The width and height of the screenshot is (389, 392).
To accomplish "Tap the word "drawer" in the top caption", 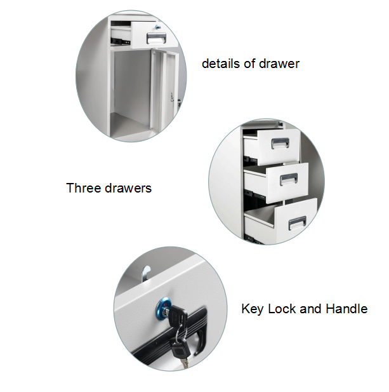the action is point(279,64).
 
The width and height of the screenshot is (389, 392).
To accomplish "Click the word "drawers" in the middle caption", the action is point(128,188).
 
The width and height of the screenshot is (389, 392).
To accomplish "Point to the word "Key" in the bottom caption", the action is point(252,309).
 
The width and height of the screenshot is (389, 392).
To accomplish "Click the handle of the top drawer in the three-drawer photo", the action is point(280,143).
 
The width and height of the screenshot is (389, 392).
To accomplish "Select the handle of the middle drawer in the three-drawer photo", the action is point(289,180).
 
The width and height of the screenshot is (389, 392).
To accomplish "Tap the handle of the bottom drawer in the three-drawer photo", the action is point(298,223).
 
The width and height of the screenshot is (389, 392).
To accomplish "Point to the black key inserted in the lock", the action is point(177,316).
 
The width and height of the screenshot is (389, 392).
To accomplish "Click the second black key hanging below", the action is point(180,349).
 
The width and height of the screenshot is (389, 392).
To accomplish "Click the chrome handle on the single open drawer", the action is point(156,38).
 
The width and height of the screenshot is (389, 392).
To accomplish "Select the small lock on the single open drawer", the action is point(158,27).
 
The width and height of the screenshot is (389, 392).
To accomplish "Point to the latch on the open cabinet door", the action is point(172,97).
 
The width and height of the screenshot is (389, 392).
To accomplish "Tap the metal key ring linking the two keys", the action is point(180,332).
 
